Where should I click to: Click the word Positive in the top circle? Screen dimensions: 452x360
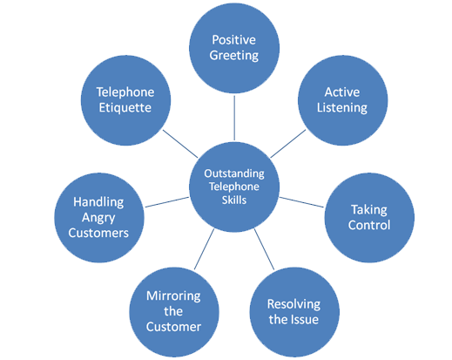coord(233,40)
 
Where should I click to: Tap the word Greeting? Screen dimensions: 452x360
coord(234,56)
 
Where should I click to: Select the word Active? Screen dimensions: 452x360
coord(342,92)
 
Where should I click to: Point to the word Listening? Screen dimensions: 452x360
coord(342,108)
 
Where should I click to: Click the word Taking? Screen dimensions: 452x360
coord(369,210)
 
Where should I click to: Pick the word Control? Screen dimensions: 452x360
coord(369,225)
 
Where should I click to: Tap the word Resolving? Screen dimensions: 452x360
coord(293,304)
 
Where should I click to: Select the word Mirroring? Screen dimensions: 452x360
coord(173,296)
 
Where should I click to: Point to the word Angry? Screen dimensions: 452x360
coord(98,218)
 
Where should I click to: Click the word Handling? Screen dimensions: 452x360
coord(98,202)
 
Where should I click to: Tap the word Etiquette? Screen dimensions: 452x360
coord(125,108)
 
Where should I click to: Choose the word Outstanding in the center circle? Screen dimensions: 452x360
coord(234,173)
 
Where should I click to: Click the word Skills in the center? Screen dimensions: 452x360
coord(234,200)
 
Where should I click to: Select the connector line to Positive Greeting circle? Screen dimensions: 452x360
coord(234,118)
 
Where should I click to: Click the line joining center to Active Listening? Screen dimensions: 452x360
coord(288,144)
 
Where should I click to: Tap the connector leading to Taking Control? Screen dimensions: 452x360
coord(301,202)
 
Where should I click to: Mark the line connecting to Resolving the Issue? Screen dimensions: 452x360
coord(264,249)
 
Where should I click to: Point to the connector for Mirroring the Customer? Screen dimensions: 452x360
coord(204,249)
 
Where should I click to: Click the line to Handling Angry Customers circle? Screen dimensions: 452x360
coord(167,202)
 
